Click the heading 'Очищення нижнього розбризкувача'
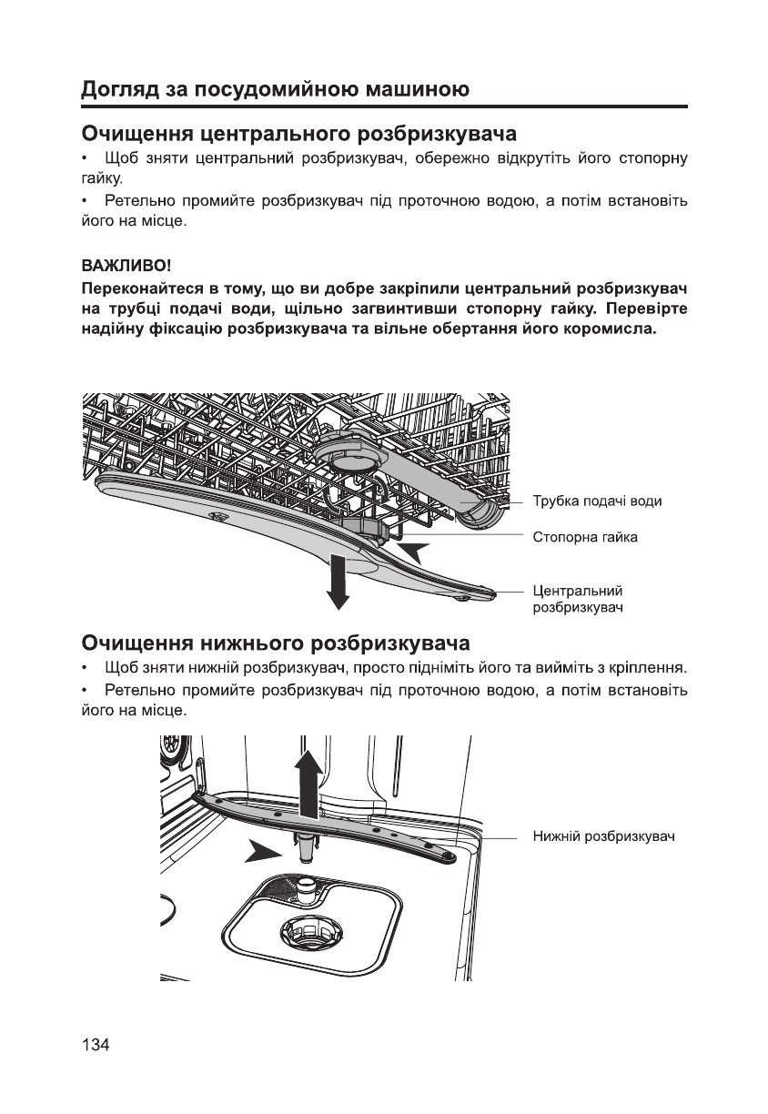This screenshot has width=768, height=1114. pos(276,644)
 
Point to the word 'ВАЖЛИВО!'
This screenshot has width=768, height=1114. pos(126,268)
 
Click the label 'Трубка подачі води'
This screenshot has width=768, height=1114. pos(596,501)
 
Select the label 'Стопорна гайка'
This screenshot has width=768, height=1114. pos(584,537)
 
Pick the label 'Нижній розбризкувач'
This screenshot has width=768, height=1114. pos(602,835)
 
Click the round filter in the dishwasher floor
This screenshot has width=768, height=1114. pos(310,930)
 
